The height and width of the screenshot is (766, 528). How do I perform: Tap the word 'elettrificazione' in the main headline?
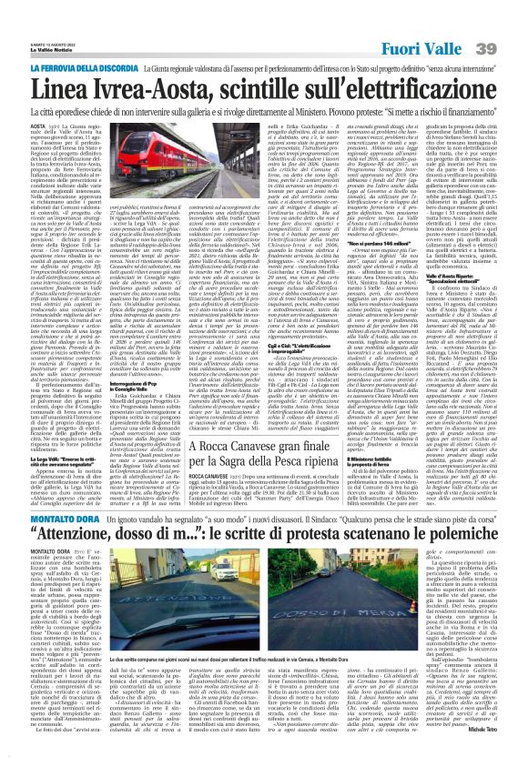point(419,89)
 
